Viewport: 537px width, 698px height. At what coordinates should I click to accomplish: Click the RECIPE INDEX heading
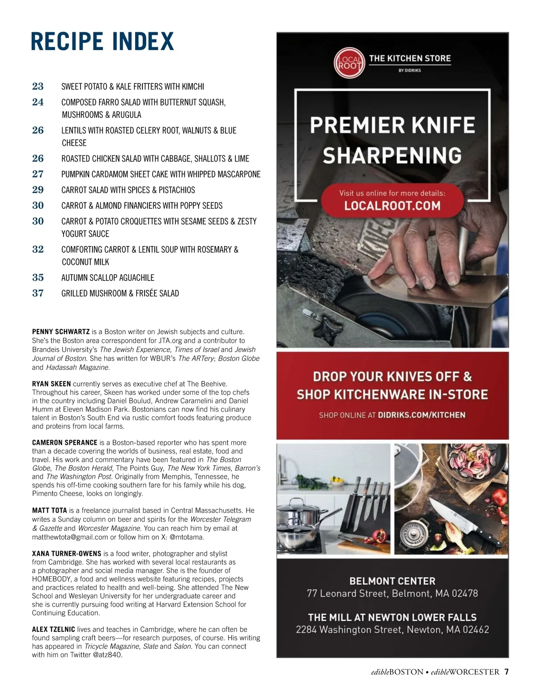coord(102,42)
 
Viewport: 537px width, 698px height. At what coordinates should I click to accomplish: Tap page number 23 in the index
coord(38,86)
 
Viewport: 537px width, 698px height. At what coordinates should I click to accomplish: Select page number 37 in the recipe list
coord(38,293)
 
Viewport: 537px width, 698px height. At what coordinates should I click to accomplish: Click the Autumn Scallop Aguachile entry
coord(107,278)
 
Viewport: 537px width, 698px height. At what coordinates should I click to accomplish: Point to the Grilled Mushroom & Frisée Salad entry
coord(120,293)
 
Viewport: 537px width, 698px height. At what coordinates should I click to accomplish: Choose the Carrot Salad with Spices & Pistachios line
coord(128,190)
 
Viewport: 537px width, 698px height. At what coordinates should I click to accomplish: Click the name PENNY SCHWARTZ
coord(61,332)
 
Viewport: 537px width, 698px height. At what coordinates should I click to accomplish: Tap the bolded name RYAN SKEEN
coord(51,384)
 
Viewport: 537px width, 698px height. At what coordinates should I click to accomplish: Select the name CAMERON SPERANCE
coord(64,443)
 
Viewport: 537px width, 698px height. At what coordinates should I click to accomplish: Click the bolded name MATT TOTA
coord(49,510)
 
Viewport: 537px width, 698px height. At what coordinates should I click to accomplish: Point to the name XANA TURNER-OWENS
coord(67,554)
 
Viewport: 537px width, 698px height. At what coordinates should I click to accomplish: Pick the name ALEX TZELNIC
coord(53,629)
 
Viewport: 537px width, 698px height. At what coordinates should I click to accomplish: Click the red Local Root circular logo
coord(349,63)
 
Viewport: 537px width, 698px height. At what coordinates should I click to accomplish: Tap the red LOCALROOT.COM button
coord(392,200)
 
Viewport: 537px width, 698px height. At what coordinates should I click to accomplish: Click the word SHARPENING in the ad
coord(392,155)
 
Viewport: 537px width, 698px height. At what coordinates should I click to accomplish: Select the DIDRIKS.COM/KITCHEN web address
coord(422,415)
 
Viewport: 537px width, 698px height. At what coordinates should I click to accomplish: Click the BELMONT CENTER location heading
coord(392,581)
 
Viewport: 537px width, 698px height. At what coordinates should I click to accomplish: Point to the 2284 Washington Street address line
coord(392,629)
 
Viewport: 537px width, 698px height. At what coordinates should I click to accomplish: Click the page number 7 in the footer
coord(506,672)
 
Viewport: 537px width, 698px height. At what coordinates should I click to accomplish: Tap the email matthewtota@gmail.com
coord(70,537)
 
